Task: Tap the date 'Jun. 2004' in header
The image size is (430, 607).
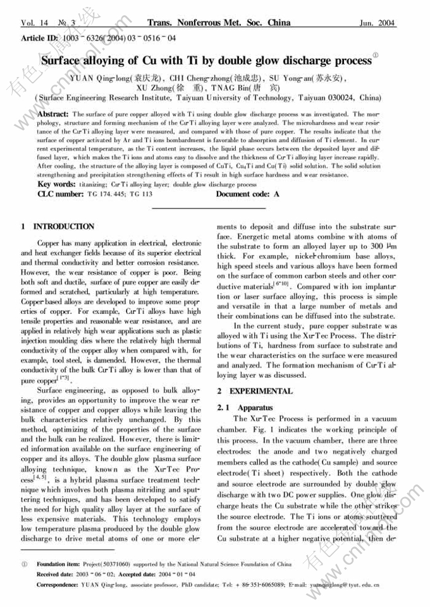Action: click(378, 23)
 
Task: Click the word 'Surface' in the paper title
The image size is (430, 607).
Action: click(63, 61)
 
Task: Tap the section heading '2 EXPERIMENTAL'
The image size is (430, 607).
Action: click(252, 391)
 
